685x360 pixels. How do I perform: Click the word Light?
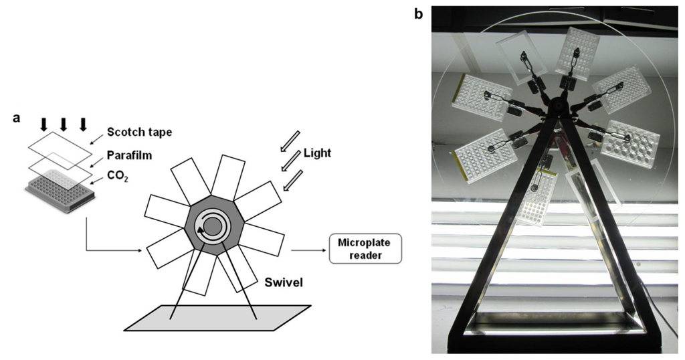316,153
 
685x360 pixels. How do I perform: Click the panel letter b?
419,13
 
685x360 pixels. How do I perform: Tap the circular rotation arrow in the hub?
211,229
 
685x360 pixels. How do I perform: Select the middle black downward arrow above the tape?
64,124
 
